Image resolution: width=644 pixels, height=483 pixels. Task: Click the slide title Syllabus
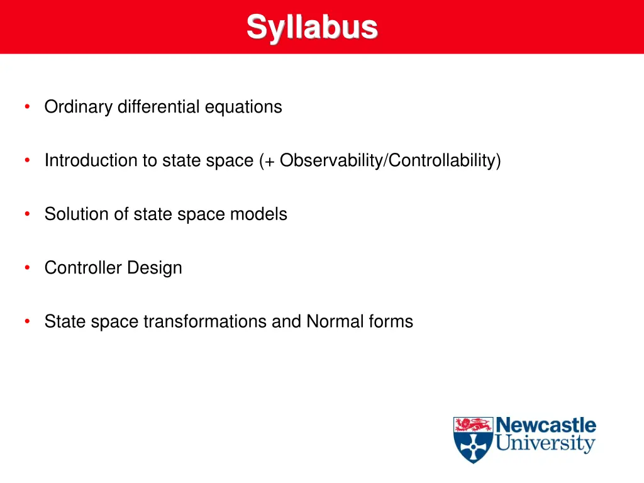(x=312, y=27)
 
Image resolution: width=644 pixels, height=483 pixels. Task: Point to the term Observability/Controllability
(x=390, y=161)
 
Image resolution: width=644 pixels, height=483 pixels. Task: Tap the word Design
(x=155, y=268)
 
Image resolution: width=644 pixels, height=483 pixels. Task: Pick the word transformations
(x=205, y=321)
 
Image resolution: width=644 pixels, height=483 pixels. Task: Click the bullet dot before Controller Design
(x=27, y=268)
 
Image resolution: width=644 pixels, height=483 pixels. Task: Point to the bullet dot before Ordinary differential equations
(x=27, y=107)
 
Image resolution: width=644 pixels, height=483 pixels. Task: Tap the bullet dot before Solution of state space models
(x=27, y=214)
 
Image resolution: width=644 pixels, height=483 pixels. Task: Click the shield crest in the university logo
(x=473, y=440)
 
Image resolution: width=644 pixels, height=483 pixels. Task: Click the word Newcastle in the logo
(x=545, y=425)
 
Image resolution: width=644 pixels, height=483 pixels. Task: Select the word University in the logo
(x=545, y=444)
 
